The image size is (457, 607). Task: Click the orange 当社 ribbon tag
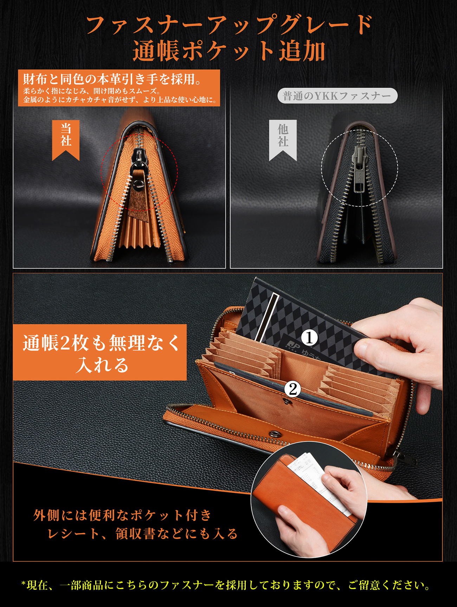click(x=66, y=139)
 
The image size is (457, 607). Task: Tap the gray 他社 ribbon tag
click(x=283, y=139)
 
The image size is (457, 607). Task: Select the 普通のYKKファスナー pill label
click(x=337, y=96)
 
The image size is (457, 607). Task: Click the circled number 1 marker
click(x=310, y=338)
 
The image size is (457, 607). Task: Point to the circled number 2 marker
click(x=292, y=389)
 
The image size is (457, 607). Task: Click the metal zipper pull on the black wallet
click(x=359, y=169)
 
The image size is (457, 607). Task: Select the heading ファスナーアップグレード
click(x=229, y=25)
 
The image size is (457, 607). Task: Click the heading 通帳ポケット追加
click(x=229, y=51)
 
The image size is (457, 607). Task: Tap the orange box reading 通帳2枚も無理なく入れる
click(x=100, y=352)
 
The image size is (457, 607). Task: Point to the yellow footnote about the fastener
click(x=226, y=585)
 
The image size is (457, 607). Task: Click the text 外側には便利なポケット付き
click(x=122, y=515)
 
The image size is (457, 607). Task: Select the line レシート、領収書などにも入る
click(x=142, y=534)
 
